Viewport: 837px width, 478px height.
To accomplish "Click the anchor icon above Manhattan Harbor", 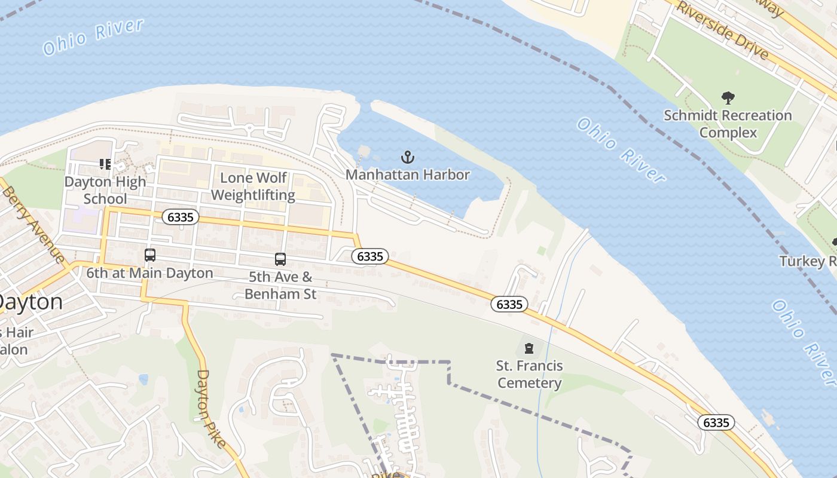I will click(407, 158).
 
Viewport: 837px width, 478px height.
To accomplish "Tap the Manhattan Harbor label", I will click(408, 175).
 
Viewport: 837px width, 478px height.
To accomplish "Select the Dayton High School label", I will click(105, 190).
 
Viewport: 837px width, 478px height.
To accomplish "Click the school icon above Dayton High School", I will click(106, 164).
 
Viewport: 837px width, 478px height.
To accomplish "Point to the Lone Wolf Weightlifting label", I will click(253, 186).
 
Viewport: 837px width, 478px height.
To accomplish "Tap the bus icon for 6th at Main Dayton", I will click(150, 255).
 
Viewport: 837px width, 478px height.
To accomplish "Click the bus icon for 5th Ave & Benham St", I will click(280, 259).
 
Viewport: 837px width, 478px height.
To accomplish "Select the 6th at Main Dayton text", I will click(149, 273).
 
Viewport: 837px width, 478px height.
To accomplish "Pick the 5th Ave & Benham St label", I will click(280, 286).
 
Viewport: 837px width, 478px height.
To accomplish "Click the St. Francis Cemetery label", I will click(529, 374).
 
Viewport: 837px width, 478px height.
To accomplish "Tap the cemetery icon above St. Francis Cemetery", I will click(529, 348).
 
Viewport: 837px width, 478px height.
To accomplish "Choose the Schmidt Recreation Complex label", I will click(728, 124).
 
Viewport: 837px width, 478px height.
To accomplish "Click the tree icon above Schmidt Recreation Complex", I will click(728, 98).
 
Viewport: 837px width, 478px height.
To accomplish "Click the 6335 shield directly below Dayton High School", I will click(181, 217).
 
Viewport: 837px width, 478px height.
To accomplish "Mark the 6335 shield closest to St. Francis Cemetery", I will click(509, 304).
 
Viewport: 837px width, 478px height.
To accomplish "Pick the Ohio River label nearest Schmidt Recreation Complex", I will click(621, 150).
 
